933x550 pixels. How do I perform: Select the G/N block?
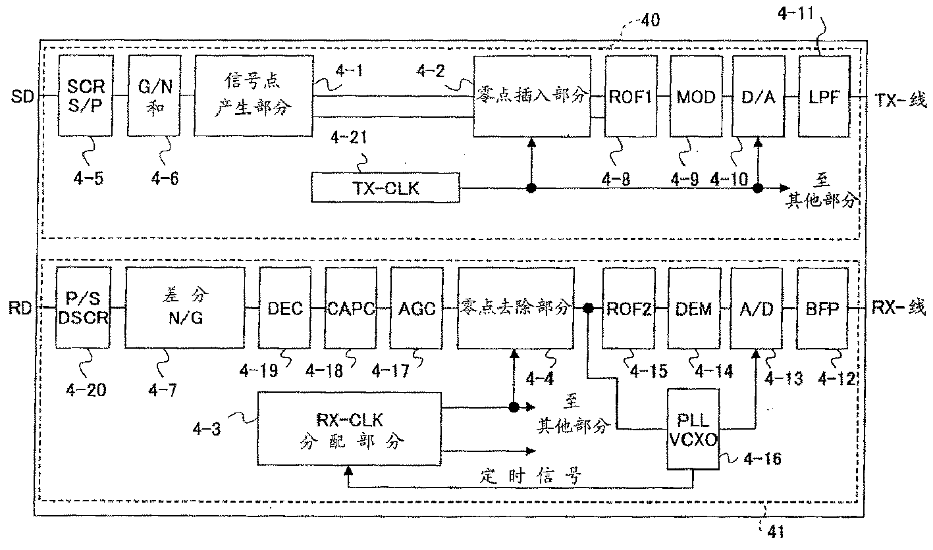[153, 95]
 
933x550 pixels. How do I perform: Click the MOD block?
[697, 95]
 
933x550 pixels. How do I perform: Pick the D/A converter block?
[759, 95]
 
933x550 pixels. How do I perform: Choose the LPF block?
[822, 95]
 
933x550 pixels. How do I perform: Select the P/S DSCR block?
[83, 307]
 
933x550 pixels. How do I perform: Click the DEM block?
[693, 307]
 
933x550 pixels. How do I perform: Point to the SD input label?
[20, 97]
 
